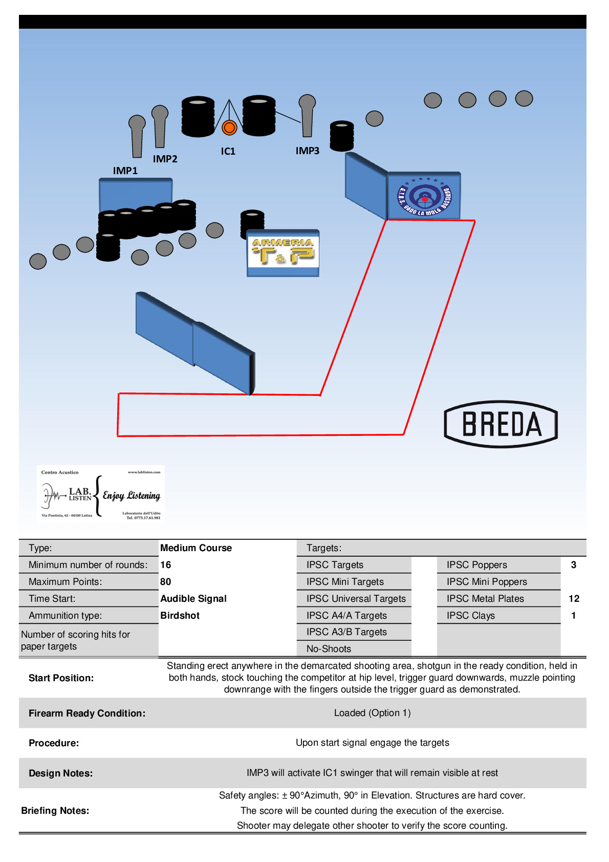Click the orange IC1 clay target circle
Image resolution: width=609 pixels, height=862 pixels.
tap(229, 128)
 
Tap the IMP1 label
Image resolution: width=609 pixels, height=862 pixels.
tap(125, 171)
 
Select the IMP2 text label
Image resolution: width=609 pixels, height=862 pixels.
tap(165, 159)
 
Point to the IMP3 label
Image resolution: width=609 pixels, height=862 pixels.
tap(307, 151)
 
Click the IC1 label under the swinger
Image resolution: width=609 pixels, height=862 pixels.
tap(228, 151)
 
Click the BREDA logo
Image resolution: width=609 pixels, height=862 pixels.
tap(501, 424)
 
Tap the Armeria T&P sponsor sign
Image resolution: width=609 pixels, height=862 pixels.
tap(283, 253)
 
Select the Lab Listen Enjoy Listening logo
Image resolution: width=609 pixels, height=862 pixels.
tap(101, 494)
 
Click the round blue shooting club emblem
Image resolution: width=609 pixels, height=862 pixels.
tap(424, 197)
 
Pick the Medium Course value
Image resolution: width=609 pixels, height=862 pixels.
tap(196, 548)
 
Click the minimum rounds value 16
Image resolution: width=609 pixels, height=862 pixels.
tap(166, 565)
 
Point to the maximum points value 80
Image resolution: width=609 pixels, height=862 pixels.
tap(166, 582)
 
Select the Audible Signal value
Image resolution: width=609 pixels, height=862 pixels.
tap(193, 599)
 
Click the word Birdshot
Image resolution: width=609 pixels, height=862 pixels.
tap(180, 616)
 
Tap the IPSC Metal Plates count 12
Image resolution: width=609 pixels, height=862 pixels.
tap(574, 599)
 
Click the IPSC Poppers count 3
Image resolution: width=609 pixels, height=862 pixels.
tap(574, 565)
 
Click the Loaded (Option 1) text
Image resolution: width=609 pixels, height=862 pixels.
tap(372, 713)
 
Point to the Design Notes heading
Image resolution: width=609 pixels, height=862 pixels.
tap(61, 773)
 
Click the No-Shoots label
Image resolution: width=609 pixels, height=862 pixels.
tap(329, 649)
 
